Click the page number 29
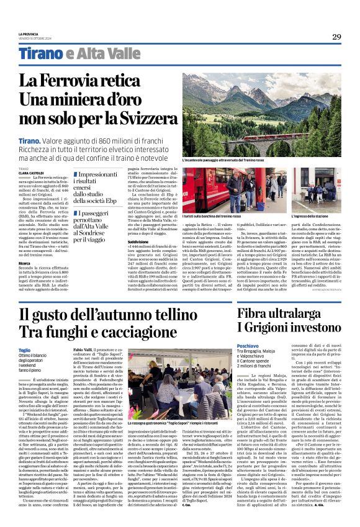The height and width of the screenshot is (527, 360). (336, 37)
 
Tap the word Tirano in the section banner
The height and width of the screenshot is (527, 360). (38, 53)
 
